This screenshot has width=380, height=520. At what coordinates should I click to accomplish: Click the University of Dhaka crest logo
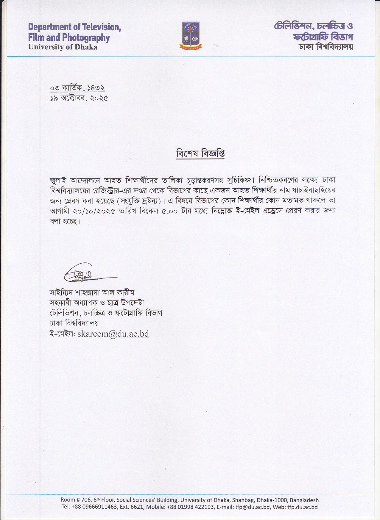[x=191, y=35]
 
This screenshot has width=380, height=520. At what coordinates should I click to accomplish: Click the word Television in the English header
[x=101, y=27]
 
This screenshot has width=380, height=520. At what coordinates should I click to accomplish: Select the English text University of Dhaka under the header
[x=63, y=47]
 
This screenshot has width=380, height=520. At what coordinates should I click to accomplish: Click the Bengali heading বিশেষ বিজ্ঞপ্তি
[x=200, y=154]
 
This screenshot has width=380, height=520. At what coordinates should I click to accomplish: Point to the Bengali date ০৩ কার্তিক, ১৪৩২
[x=77, y=88]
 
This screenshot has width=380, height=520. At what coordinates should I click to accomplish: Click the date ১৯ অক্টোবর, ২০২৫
[x=79, y=98]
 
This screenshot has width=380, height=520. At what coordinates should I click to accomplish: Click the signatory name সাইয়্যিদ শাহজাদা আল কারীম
[x=92, y=293]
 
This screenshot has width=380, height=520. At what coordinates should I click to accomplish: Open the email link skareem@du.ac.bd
[x=113, y=334]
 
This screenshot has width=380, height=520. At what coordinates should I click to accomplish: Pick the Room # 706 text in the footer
[x=75, y=500]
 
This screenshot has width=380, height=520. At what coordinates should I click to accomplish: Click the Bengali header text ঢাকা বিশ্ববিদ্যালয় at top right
[x=326, y=47]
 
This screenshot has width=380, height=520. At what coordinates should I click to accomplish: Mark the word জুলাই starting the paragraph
[x=58, y=181]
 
